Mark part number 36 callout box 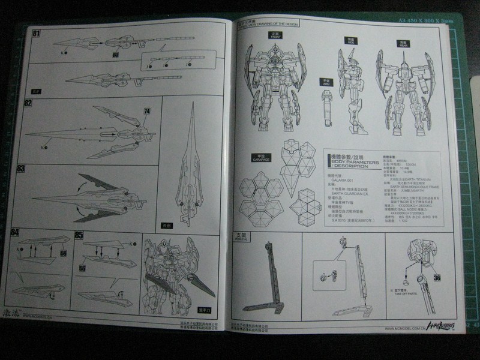coord(436,278)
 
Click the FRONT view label coord(277,35)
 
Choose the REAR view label coord(396,41)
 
